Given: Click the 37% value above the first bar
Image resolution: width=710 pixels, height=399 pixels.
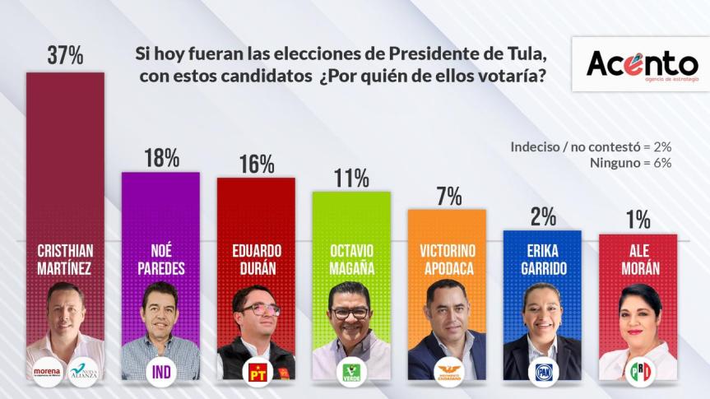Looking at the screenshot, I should [65, 56].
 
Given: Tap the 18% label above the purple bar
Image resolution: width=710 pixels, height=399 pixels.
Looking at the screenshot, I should [160, 158].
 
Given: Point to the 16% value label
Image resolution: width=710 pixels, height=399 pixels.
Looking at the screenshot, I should [256, 164].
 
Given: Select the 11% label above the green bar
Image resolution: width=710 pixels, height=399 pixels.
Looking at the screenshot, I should [350, 178].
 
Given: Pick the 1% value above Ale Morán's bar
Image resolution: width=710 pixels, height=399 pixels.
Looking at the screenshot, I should [638, 220].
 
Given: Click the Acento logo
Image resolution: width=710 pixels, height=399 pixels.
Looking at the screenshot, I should [642, 63].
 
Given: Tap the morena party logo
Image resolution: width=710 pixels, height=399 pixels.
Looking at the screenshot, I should [48, 371].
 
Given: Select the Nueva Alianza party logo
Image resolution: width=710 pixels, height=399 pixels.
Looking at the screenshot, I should [83, 371].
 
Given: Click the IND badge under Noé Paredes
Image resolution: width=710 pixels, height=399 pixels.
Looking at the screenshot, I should [160, 372].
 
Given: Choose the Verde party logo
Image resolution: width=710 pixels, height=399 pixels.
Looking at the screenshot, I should [351, 373].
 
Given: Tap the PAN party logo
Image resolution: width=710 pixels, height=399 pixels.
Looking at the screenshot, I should [542, 373].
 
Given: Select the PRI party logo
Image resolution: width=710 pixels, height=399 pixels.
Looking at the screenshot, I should [638, 373].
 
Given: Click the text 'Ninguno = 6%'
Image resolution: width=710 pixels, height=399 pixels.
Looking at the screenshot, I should [630, 163].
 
